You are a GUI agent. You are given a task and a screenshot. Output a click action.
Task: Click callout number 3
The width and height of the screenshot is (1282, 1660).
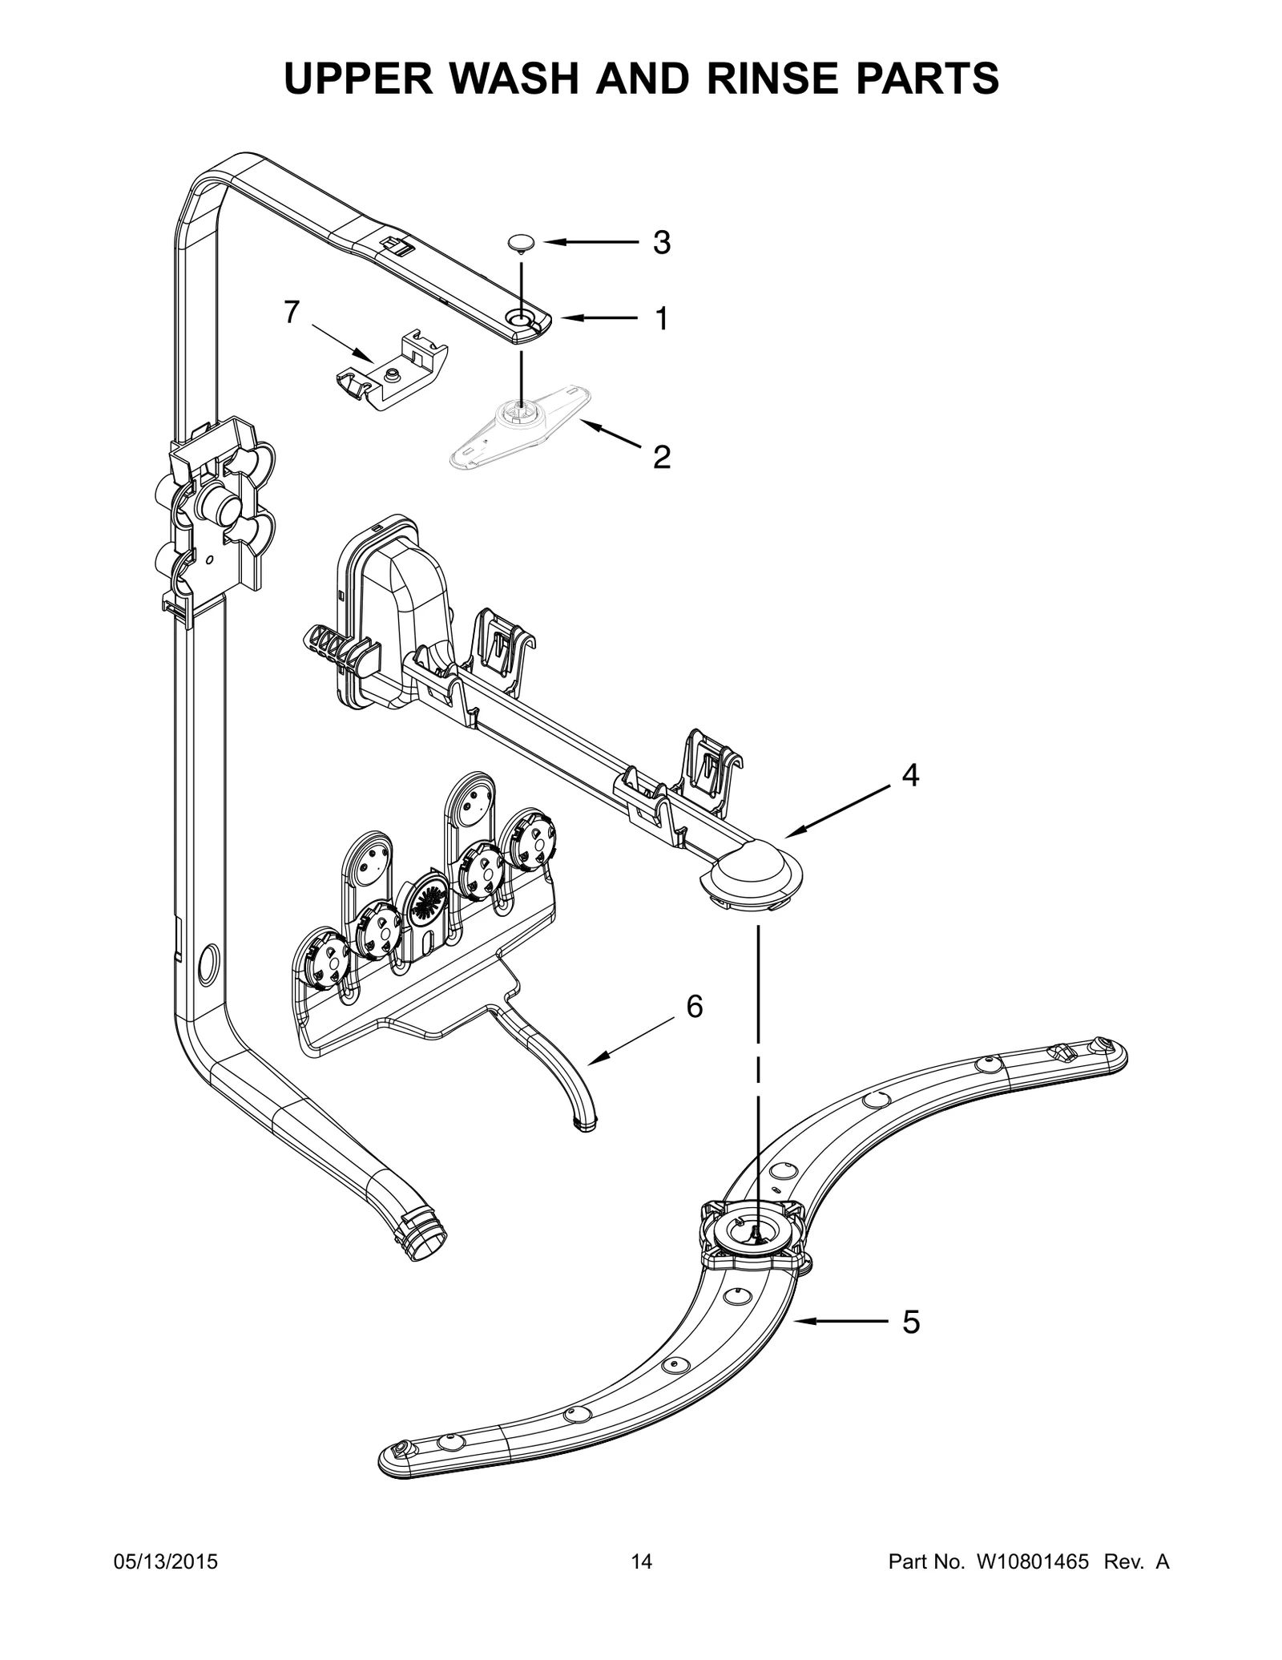coord(661,242)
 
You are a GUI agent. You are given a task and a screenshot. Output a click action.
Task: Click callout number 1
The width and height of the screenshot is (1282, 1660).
coord(661,319)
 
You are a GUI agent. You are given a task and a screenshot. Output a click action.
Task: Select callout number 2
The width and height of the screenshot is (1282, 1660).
coord(661,457)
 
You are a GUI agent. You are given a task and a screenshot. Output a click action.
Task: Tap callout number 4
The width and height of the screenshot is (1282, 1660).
coord(909,774)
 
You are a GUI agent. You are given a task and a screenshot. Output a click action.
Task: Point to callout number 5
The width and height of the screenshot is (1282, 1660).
coord(910,1322)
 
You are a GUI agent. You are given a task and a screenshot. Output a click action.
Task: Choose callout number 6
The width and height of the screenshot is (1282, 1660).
coord(694,1006)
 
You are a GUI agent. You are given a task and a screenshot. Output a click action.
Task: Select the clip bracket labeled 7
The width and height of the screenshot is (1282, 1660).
coord(393,370)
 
